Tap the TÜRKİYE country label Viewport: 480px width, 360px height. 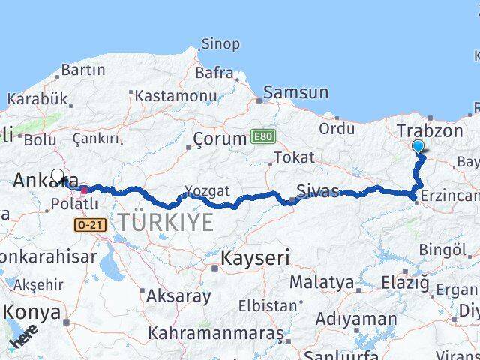(x=165, y=221)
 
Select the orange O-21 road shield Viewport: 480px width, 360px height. (x=86, y=224)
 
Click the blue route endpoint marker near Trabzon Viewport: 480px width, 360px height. (x=418, y=147)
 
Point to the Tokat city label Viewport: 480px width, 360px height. (x=293, y=157)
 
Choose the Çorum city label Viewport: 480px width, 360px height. (x=220, y=139)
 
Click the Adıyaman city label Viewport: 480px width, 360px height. (x=356, y=319)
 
